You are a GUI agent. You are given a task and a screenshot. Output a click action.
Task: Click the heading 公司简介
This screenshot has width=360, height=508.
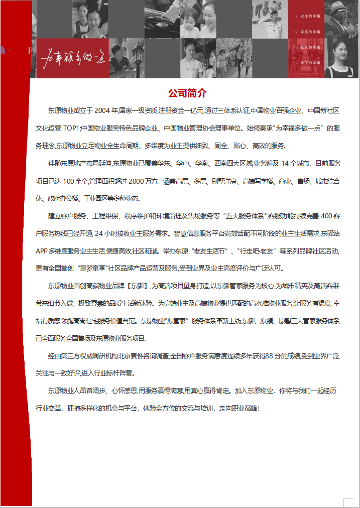point(187,93)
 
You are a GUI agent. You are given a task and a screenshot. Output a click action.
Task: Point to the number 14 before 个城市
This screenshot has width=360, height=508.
point(286,164)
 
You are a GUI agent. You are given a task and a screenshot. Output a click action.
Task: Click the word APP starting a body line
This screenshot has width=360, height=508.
point(42,251)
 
